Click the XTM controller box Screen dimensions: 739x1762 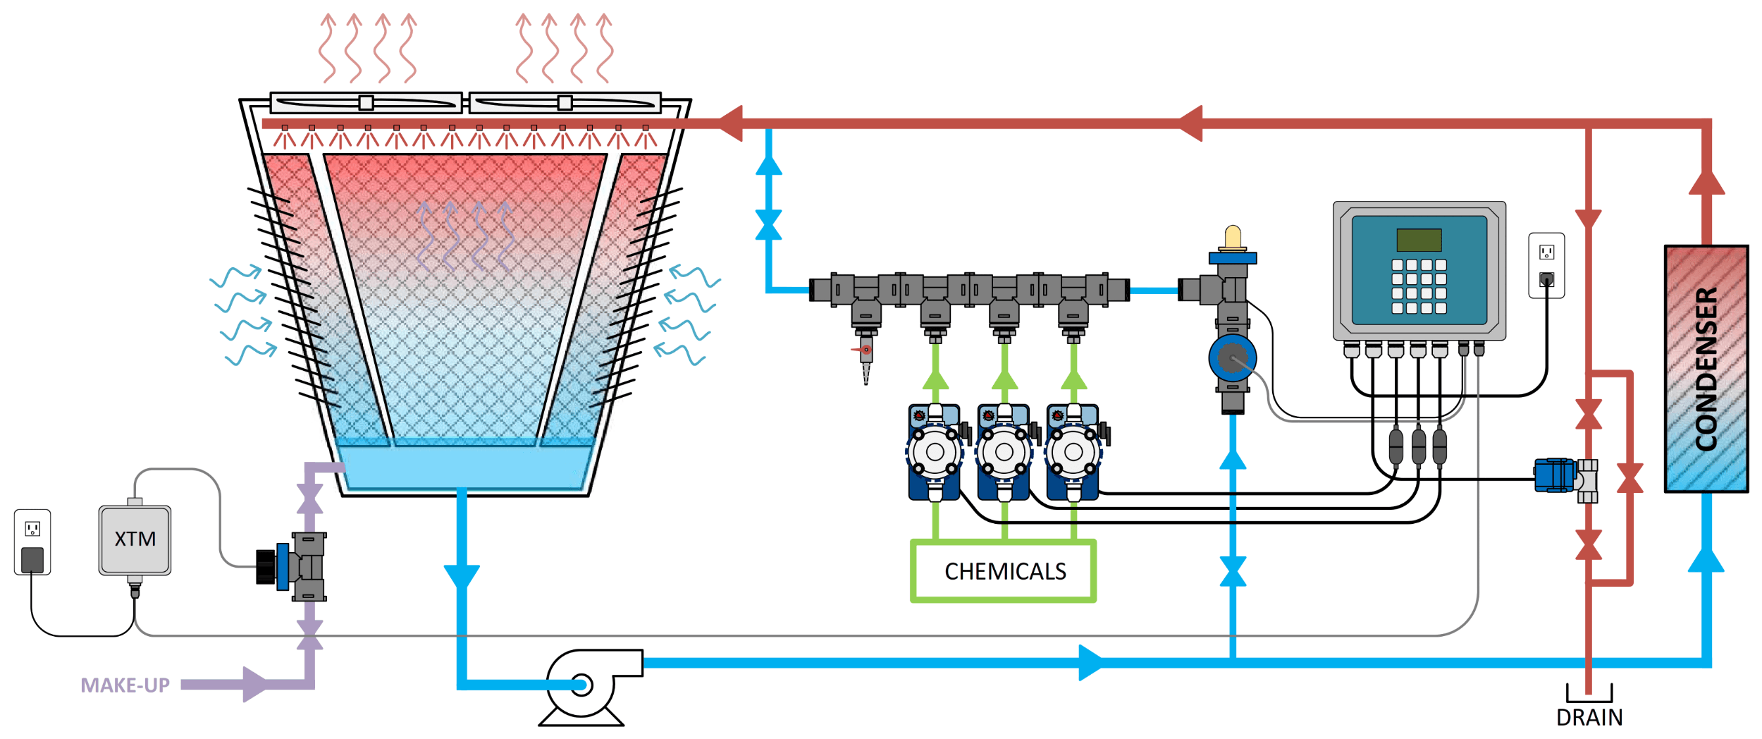click(x=135, y=540)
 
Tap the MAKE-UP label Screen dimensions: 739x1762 click(x=125, y=685)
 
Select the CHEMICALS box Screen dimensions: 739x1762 click(x=1004, y=571)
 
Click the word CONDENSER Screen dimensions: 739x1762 click(x=1706, y=369)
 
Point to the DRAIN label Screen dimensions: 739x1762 click(x=1589, y=718)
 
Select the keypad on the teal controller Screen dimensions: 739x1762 click(x=1419, y=286)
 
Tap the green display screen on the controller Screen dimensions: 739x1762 click(x=1419, y=240)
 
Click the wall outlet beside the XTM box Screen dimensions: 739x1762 click(x=32, y=542)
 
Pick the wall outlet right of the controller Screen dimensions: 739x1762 click(x=1546, y=266)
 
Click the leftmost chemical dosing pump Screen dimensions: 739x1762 click(x=935, y=452)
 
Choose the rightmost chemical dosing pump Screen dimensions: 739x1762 click(x=1073, y=452)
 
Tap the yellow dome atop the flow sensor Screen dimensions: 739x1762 click(x=1233, y=237)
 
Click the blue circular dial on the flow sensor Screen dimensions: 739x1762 click(x=1232, y=358)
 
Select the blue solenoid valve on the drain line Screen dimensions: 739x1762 click(x=1554, y=475)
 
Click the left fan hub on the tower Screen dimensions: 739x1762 click(x=366, y=103)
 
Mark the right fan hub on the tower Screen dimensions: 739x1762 click(x=565, y=103)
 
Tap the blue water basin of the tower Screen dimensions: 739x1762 click(x=465, y=466)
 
